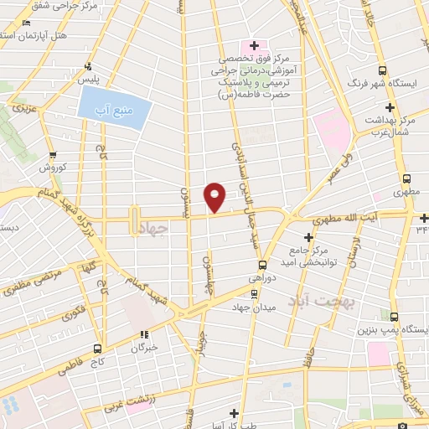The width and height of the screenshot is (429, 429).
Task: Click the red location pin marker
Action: [x=215, y=197]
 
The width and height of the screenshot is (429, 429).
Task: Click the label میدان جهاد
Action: [x=256, y=308]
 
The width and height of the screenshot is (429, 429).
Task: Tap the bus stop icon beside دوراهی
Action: [x=261, y=262]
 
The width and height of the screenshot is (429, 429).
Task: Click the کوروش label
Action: [x=53, y=168]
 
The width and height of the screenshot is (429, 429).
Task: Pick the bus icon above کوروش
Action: [x=53, y=155]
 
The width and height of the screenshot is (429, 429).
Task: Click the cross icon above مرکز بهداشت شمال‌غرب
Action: [x=390, y=107]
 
